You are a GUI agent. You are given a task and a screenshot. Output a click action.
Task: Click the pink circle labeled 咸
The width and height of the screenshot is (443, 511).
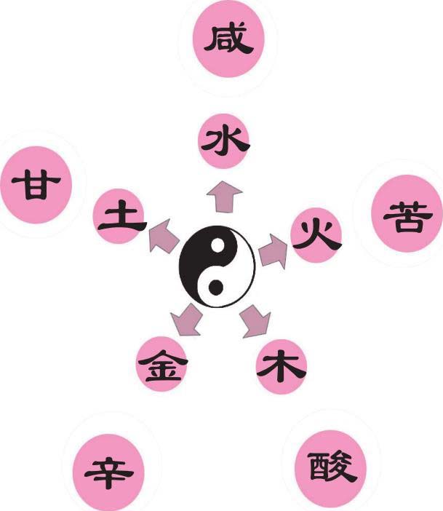(228, 40)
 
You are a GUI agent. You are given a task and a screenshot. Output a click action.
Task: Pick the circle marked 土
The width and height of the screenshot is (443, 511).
(118, 217)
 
